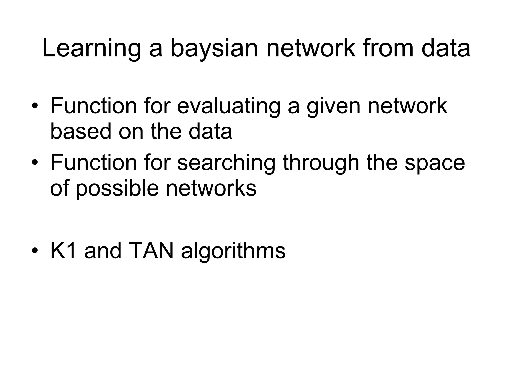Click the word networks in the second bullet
coord(211,188)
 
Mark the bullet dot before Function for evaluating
coord(35,106)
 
